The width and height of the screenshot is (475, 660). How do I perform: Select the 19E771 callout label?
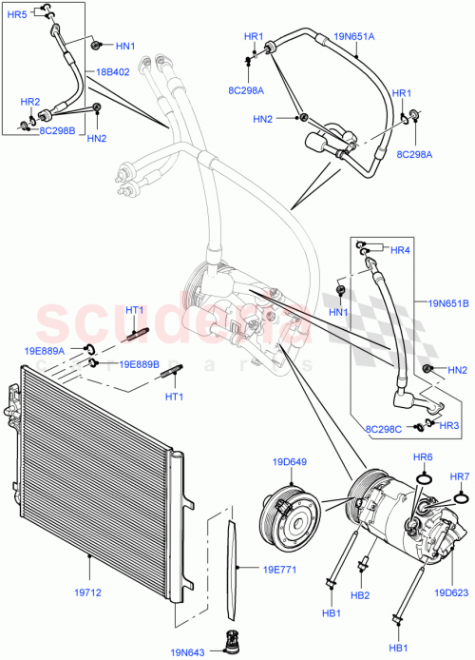point(254,572)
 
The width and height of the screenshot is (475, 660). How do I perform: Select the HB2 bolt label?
point(362,595)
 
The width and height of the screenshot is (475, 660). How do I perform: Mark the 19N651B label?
point(447,305)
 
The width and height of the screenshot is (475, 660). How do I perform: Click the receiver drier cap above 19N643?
point(228,636)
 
